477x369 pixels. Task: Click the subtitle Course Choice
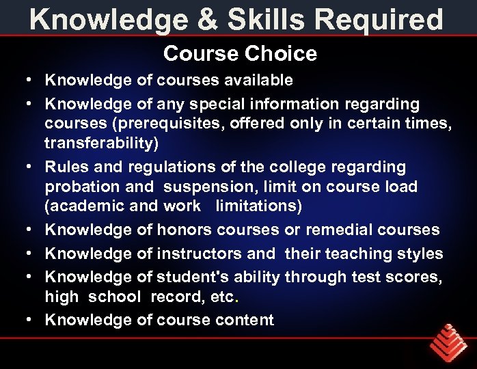[x=240, y=53]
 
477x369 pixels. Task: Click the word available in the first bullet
[x=258, y=81]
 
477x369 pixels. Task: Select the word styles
[x=420, y=254]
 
